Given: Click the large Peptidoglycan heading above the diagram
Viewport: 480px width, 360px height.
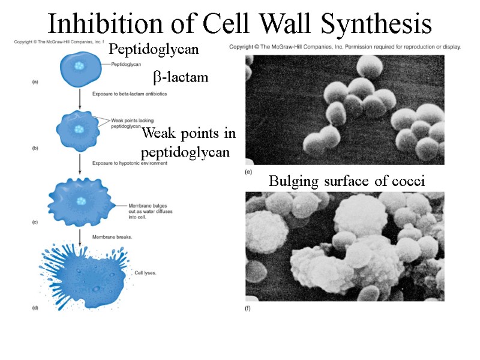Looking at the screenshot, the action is (154, 49).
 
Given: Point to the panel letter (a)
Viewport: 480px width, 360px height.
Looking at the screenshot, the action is (35, 83).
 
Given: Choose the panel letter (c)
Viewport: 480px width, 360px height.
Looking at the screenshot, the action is (35, 222).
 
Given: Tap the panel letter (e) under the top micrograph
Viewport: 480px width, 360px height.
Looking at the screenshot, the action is (249, 172).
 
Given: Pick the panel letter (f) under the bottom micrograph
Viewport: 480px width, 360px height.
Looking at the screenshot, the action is (249, 308).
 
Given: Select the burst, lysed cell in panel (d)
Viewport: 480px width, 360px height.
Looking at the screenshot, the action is (84, 276).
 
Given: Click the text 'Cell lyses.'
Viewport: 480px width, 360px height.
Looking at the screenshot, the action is (147, 272).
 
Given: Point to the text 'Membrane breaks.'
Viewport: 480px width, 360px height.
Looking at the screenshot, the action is (113, 236).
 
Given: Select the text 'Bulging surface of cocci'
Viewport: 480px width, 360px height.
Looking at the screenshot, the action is (347, 181).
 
